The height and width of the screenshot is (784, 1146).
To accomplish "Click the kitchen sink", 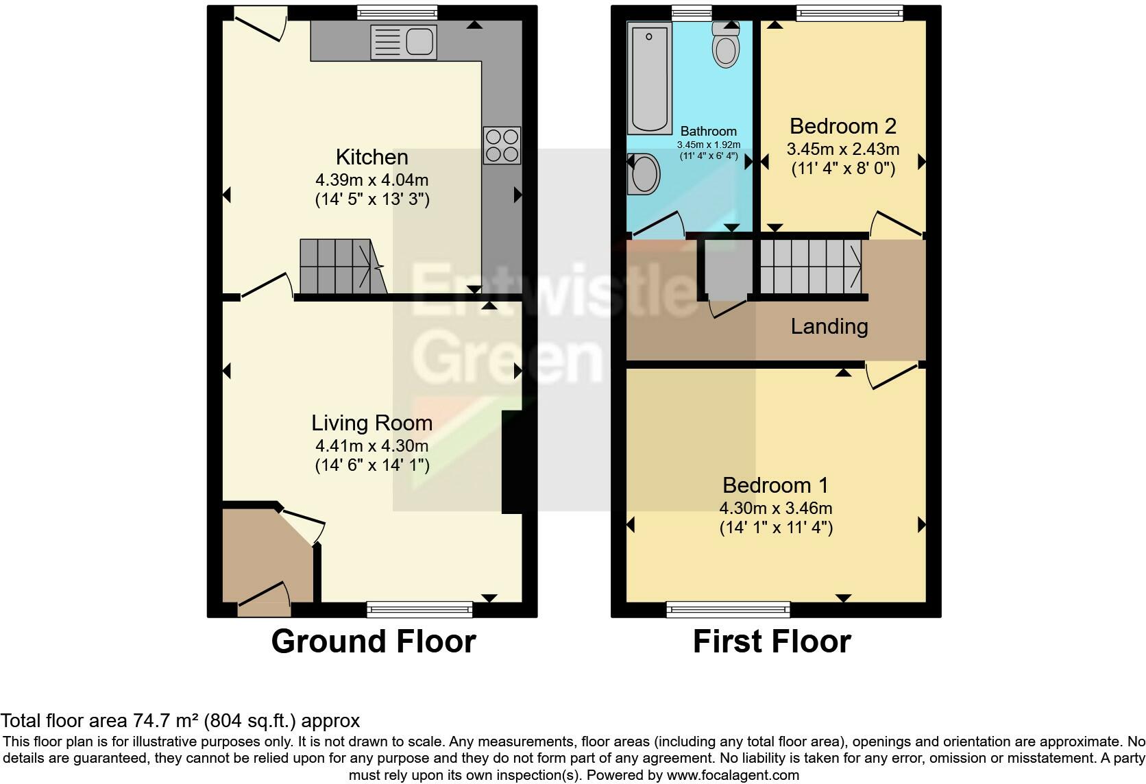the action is pos(404,42).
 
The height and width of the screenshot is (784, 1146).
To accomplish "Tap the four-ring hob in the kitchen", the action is pos(502,145).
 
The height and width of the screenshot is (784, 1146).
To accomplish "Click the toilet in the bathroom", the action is pos(726,45).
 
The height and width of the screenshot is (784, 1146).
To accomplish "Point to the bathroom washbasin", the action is pos(643,174).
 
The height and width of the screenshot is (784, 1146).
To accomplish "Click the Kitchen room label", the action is pos(372,157).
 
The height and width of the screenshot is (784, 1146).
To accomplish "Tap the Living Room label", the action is pos(372,424).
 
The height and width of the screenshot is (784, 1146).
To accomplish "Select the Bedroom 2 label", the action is pos(843,126).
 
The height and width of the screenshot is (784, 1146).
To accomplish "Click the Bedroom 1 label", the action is pos(775,485).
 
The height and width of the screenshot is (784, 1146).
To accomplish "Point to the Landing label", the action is pos(829,327).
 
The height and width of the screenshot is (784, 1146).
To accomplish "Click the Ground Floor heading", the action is pos(374,642).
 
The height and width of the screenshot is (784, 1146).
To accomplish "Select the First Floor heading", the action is pos(772,642).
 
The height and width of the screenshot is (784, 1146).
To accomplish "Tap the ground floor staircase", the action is pos(343,267).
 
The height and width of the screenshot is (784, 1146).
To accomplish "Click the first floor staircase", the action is pos(811,267).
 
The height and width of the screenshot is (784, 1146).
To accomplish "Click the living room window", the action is pos(419,609).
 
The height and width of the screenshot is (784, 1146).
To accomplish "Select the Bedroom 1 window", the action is pos(728,609).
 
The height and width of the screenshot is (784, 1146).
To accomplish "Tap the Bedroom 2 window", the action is pos(850,13).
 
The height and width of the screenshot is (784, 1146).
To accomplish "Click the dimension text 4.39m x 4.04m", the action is pos(372,180).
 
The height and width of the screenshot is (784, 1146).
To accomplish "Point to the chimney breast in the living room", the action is pos(512,462).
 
